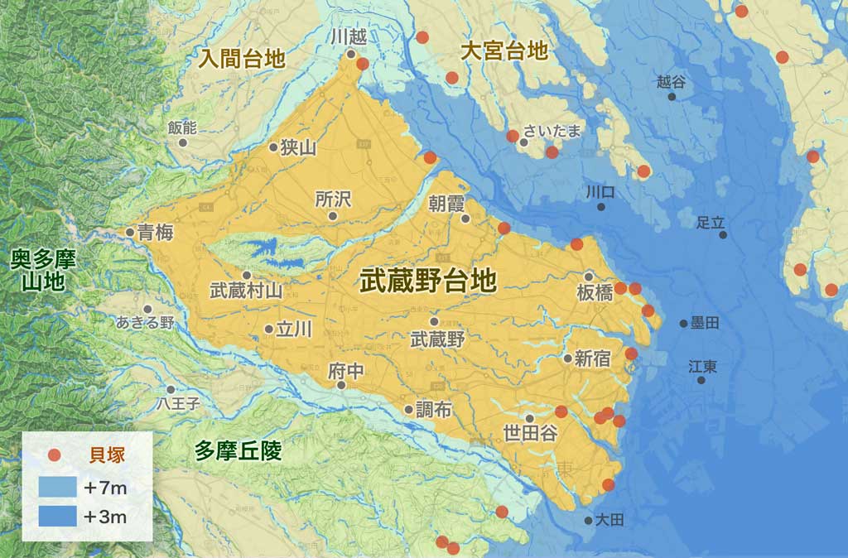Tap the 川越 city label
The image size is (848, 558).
(348, 36)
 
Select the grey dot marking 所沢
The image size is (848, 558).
(333, 216)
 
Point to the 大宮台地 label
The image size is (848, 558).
(504, 51)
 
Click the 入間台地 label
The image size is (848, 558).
(242, 59)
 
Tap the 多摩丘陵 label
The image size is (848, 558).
(238, 451)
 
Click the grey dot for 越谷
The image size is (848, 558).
(672, 97)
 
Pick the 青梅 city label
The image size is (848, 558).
(156, 233)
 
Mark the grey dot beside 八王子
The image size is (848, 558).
(171, 389)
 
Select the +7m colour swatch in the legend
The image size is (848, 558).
(55, 488)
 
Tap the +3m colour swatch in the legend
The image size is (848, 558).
(55, 517)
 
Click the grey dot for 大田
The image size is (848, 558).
(588, 521)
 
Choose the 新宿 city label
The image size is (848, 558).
(592, 358)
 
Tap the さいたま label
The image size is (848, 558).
(554, 131)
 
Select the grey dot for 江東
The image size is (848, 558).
(701, 380)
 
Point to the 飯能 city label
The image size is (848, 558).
(182, 127)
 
